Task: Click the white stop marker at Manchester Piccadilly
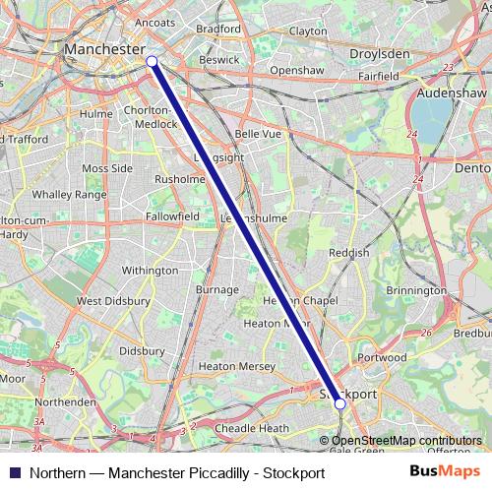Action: (152, 61)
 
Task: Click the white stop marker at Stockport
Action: (339, 402)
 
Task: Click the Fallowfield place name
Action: (172, 215)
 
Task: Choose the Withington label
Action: (150, 270)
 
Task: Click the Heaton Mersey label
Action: (237, 366)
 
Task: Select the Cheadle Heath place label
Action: (252, 428)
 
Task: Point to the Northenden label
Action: (65, 401)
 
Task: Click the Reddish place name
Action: (349, 253)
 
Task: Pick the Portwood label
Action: (383, 357)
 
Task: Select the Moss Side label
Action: (107, 168)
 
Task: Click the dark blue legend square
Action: (14, 472)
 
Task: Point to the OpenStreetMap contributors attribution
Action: (406, 440)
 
